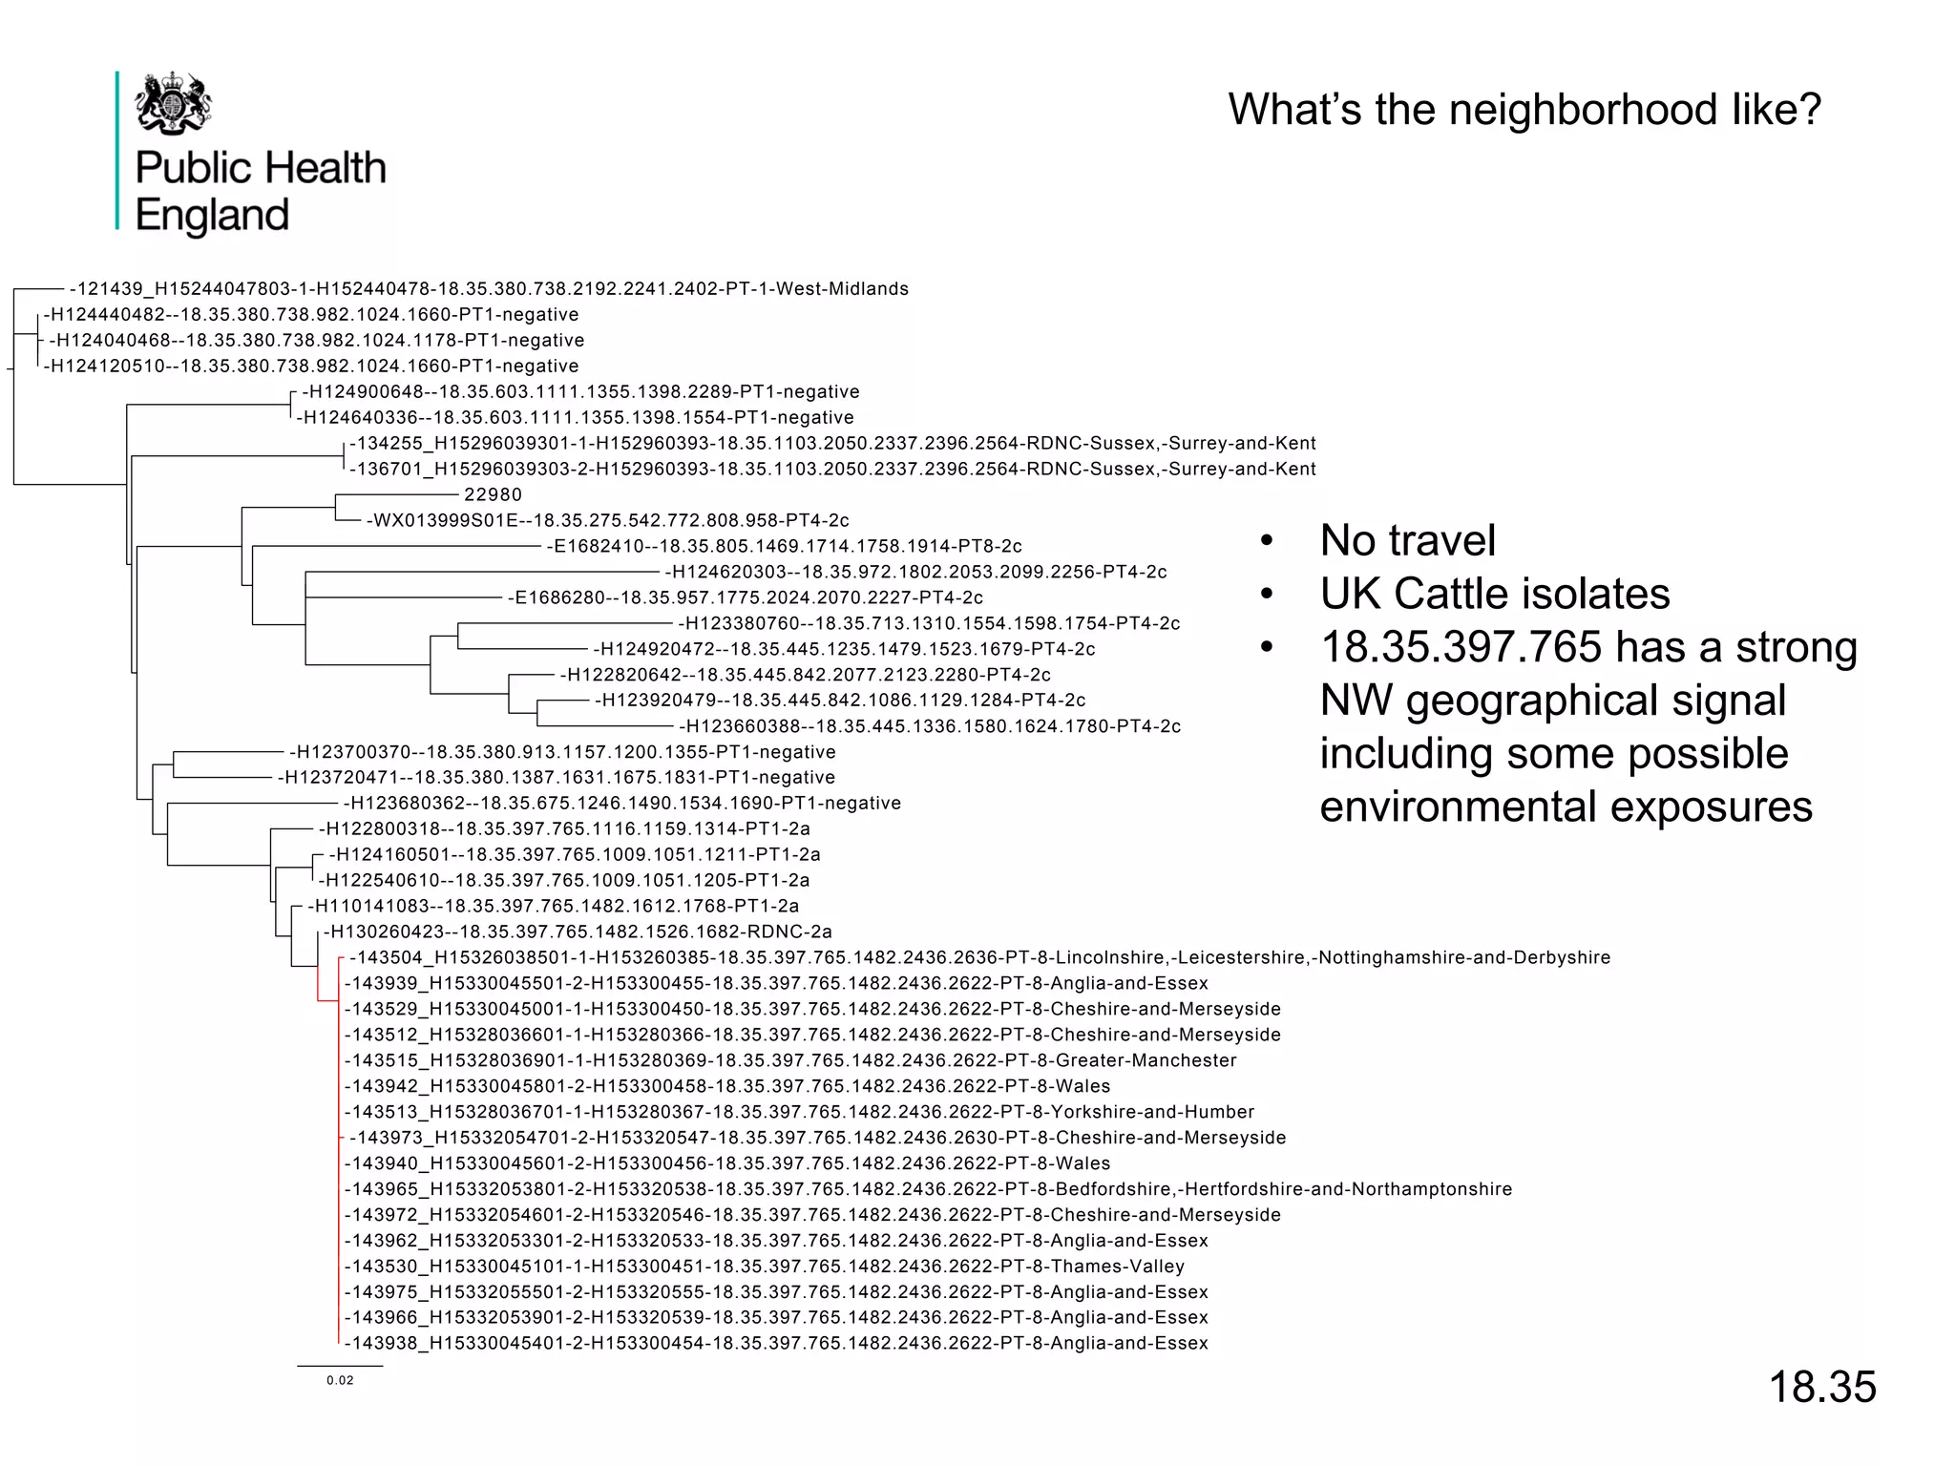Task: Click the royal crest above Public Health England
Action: (x=173, y=103)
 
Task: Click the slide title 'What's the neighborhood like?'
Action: (x=1524, y=110)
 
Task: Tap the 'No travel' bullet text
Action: (x=1407, y=541)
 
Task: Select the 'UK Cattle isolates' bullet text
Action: (x=1494, y=595)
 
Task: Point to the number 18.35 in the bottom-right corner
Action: (x=1821, y=1387)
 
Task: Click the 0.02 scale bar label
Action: (x=340, y=1380)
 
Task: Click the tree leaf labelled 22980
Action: (x=493, y=495)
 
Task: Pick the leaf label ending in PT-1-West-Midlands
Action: (x=489, y=289)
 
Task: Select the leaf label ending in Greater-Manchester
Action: (x=790, y=1060)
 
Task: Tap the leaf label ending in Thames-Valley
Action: (x=764, y=1267)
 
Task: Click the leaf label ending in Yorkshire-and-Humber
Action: (x=799, y=1112)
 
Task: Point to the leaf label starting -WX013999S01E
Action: (x=607, y=521)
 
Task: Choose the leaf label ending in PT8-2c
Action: (x=784, y=547)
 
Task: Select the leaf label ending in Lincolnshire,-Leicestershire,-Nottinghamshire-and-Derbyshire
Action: (x=979, y=958)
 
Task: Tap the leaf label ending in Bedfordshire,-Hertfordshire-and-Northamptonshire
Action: (x=928, y=1189)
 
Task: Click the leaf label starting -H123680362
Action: (x=621, y=804)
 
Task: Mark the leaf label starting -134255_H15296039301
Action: (x=832, y=444)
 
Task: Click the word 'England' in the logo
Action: (x=212, y=216)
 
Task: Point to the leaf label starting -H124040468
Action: (x=316, y=341)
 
